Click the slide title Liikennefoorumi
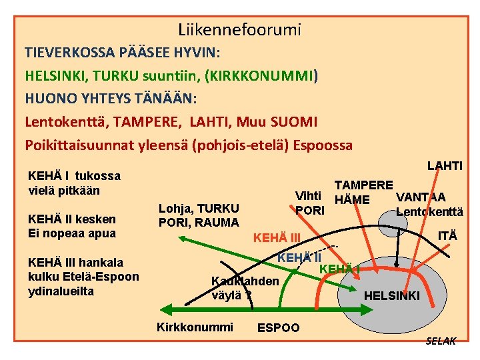click(x=239, y=29)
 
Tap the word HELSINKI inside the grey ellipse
click(x=392, y=295)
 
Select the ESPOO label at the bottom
click(x=278, y=328)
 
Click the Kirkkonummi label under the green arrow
click(x=195, y=327)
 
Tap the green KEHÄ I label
click(x=340, y=269)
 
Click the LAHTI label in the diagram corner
click(x=445, y=165)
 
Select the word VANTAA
click(x=421, y=197)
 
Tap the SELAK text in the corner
click(x=441, y=341)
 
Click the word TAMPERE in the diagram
click(x=363, y=185)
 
